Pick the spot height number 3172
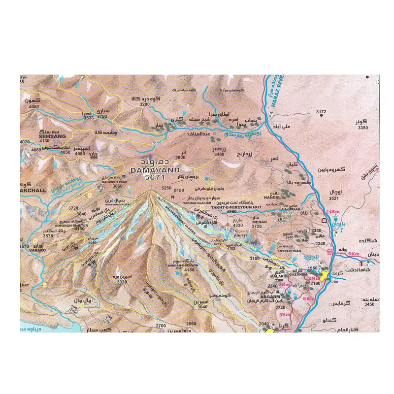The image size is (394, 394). click(321, 112)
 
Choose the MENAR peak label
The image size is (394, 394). click(259, 222)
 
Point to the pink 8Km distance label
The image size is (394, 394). click(285, 314)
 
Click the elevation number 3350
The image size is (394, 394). click(363, 128)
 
